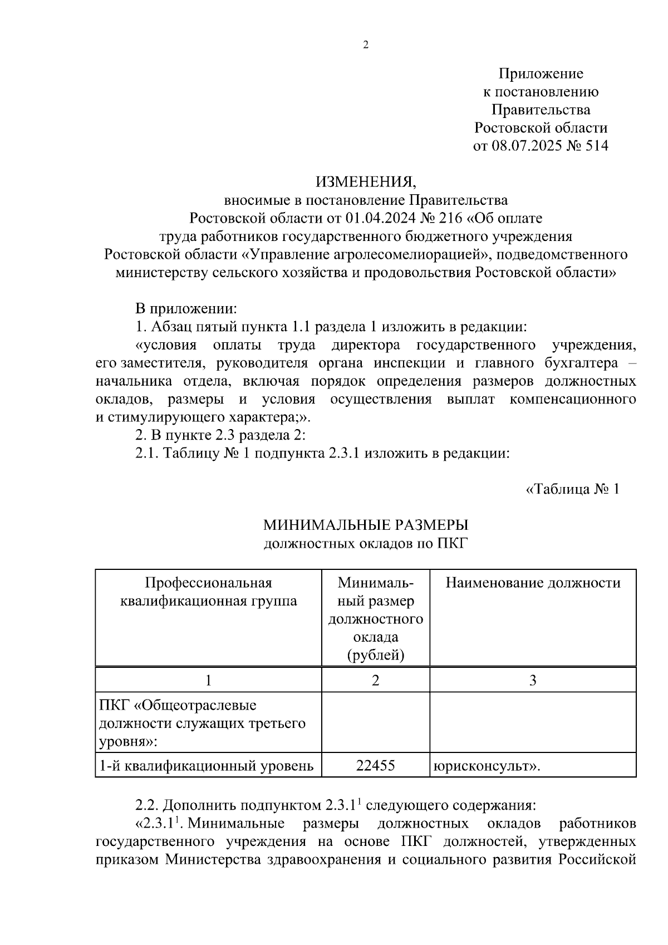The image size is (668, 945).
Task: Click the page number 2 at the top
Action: pyautogui.click(x=366, y=46)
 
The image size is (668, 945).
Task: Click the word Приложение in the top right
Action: pyautogui.click(x=541, y=73)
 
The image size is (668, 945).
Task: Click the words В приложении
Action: pyautogui.click(x=186, y=308)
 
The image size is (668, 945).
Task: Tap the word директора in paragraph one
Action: pyautogui.click(x=366, y=345)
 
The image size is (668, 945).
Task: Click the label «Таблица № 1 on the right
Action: pyautogui.click(x=572, y=489)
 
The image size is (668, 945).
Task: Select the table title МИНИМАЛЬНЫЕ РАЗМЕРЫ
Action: pyautogui.click(x=366, y=525)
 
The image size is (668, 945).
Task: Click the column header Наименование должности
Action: pyautogui.click(x=533, y=583)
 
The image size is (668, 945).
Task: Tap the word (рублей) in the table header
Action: pyautogui.click(x=376, y=655)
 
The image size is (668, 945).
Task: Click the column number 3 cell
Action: pyautogui.click(x=533, y=680)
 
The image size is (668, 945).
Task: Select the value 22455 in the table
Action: pyautogui.click(x=376, y=765)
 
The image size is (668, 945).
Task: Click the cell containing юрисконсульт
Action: pyautogui.click(x=486, y=766)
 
